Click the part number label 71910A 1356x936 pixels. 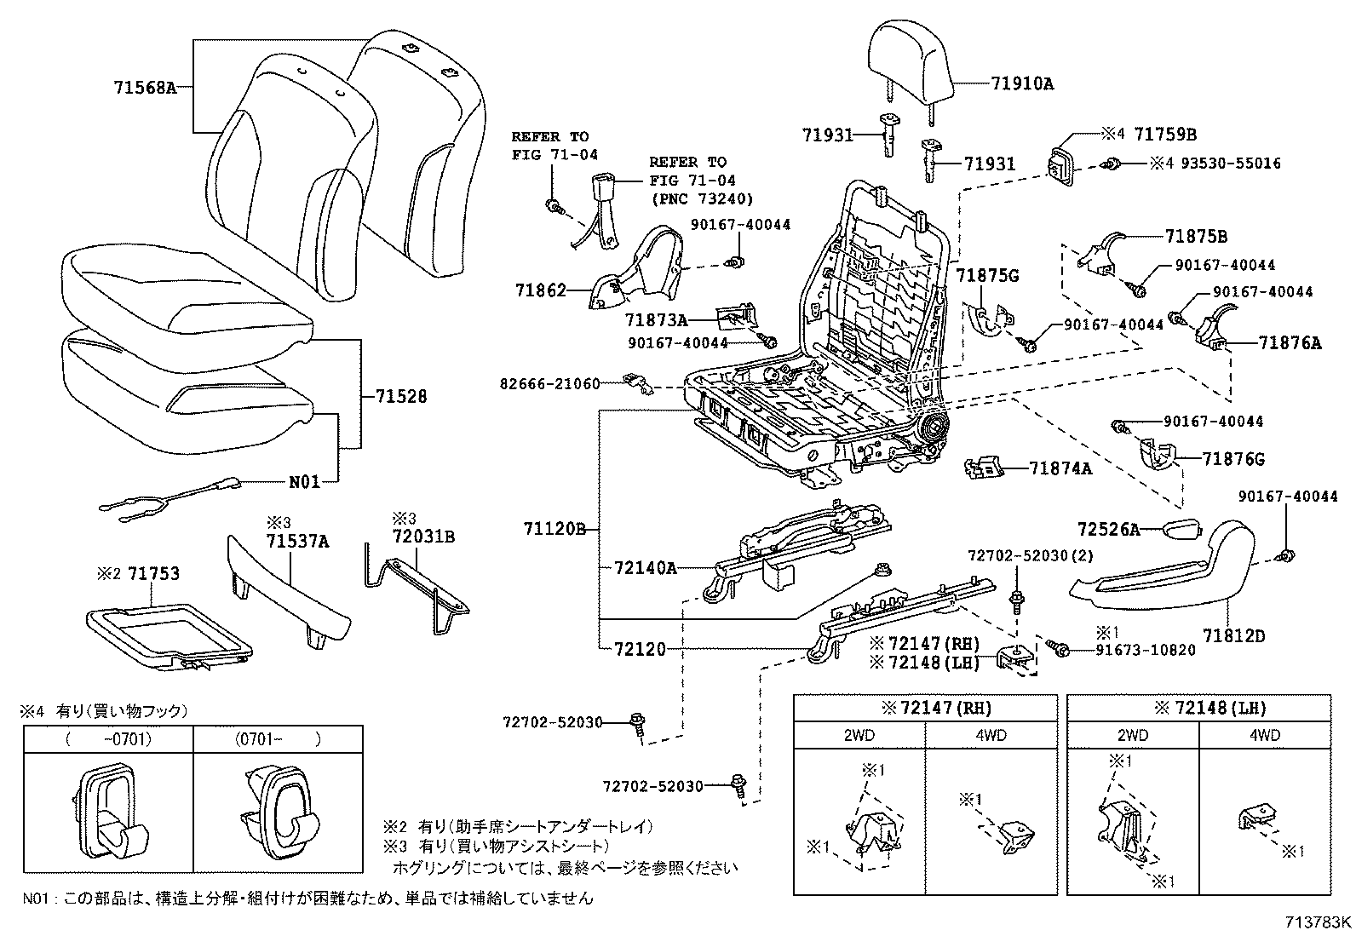pyautogui.click(x=1022, y=83)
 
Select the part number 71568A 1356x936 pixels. pyautogui.click(x=144, y=87)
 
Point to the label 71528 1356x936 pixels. pyautogui.click(x=400, y=397)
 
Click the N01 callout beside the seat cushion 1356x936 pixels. pyautogui.click(x=304, y=482)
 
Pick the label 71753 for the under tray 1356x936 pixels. pyautogui.click(x=153, y=573)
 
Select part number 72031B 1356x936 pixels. pyautogui.click(x=423, y=537)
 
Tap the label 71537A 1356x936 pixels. pyautogui.click(x=297, y=541)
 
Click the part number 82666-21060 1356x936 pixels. pyautogui.click(x=549, y=384)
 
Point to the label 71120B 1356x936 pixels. pyautogui.click(x=554, y=529)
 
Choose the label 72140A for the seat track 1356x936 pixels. pyautogui.click(x=645, y=568)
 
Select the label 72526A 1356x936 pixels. pyautogui.click(x=1107, y=530)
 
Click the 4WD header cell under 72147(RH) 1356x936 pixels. pyautogui.click(x=991, y=735)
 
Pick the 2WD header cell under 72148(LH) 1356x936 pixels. pyautogui.click(x=1132, y=735)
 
